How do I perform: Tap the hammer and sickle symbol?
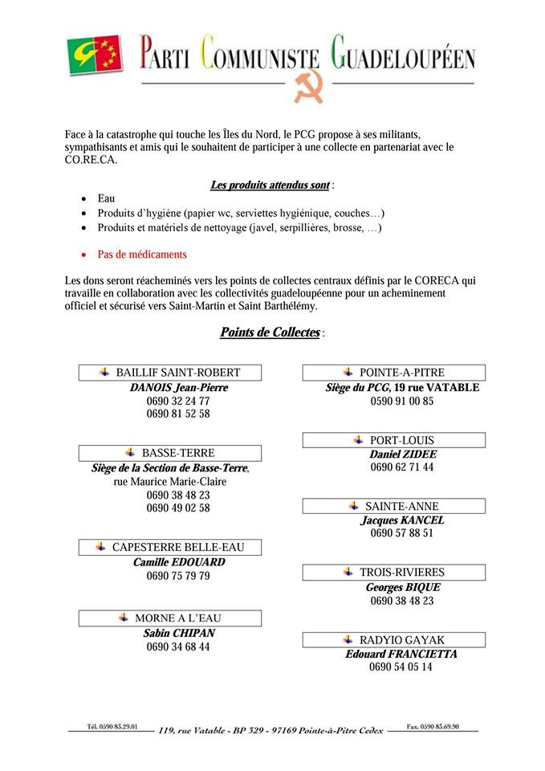tap(307, 88)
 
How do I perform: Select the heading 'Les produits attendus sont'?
tap(270, 186)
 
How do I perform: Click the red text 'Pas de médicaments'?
tap(142, 255)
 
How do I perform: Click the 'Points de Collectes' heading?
tap(270, 332)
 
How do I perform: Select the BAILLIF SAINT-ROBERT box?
tap(170, 373)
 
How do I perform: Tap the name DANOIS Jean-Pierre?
tap(179, 387)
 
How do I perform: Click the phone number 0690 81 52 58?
tap(178, 414)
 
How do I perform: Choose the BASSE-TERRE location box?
tap(170, 453)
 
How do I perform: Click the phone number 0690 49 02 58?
tap(178, 508)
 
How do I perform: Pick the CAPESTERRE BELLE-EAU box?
tap(170, 548)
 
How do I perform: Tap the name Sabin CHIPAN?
tap(179, 633)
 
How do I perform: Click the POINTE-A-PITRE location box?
tap(394, 373)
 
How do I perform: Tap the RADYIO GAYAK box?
tap(394, 640)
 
